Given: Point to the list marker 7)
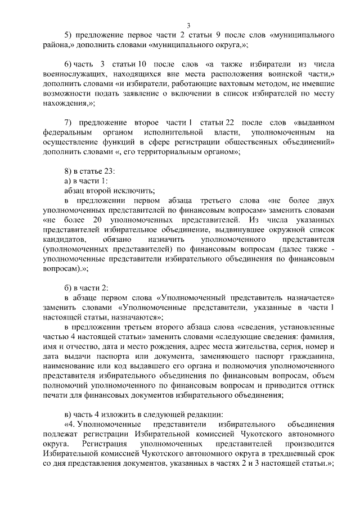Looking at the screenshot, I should pyautogui.click(x=68, y=122).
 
